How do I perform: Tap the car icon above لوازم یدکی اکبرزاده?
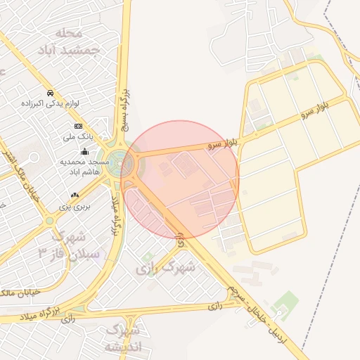coord(51,94)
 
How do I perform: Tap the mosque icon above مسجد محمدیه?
coord(85,151)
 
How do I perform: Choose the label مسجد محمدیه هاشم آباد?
coord(80,166)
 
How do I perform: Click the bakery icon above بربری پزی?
coord(75,195)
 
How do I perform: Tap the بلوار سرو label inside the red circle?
coord(223,144)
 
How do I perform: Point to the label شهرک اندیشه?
coord(123,338)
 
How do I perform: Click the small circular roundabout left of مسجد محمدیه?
coord(50,220)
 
